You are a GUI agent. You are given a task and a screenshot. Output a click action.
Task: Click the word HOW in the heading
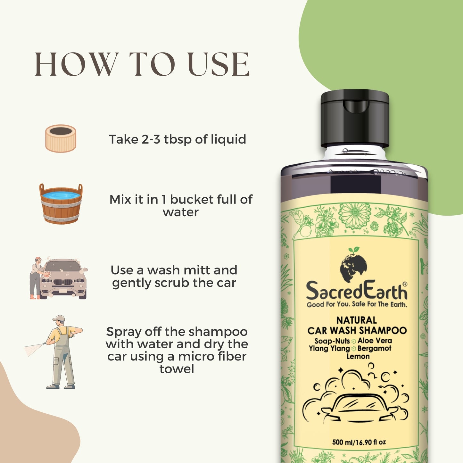tap(76, 64)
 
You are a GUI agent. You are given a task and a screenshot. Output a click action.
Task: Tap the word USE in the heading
tap(219, 64)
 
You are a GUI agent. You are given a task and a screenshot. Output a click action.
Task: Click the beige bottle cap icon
tap(61, 138)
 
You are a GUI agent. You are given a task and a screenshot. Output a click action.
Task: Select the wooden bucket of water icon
tap(61, 204)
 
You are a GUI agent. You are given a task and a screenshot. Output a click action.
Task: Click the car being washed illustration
tap(63, 279)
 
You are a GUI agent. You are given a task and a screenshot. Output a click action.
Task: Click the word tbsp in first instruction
tap(178, 140)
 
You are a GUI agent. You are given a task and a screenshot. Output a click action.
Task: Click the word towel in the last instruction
tap(177, 369)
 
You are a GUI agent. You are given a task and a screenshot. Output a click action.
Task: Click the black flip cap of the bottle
tap(355, 118)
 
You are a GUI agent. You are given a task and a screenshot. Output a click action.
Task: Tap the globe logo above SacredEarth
tap(353, 264)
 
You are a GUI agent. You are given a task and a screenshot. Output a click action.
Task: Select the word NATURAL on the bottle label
tap(357, 320)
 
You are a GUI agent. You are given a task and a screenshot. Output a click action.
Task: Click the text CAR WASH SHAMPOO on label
tap(357, 331)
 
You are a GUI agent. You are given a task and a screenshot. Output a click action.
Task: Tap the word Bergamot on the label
tap(374, 348)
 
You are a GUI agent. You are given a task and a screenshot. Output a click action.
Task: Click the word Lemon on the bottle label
tap(358, 356)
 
